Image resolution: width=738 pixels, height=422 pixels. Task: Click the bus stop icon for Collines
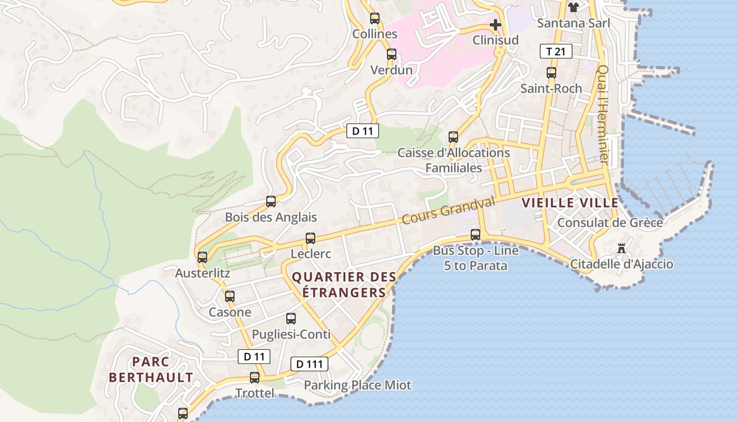click(x=374, y=18)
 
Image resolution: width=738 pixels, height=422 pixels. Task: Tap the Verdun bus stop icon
click(x=391, y=54)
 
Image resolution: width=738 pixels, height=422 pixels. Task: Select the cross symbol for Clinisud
click(x=495, y=25)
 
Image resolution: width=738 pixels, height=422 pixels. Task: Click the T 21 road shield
click(x=556, y=51)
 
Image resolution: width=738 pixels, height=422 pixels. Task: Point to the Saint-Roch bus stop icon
click(x=551, y=73)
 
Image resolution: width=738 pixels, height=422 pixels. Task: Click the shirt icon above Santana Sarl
click(x=574, y=7)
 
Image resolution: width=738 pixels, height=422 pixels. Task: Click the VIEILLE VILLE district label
click(x=570, y=203)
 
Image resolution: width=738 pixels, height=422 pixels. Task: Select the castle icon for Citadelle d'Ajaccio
click(x=622, y=248)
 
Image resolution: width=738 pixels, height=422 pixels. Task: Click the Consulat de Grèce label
click(x=610, y=223)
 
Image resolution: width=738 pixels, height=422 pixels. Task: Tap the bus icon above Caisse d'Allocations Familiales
click(x=453, y=137)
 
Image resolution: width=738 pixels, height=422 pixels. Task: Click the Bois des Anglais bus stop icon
click(x=270, y=201)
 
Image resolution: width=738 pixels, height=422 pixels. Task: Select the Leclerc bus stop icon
click(x=310, y=238)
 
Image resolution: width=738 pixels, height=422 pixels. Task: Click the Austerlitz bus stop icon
click(x=202, y=257)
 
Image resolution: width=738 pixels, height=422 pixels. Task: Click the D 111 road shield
click(x=309, y=363)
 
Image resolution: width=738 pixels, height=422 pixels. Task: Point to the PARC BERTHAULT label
click(x=151, y=369)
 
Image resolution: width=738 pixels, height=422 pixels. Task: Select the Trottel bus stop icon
click(x=255, y=378)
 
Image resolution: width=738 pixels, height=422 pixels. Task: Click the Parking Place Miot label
click(x=357, y=385)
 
